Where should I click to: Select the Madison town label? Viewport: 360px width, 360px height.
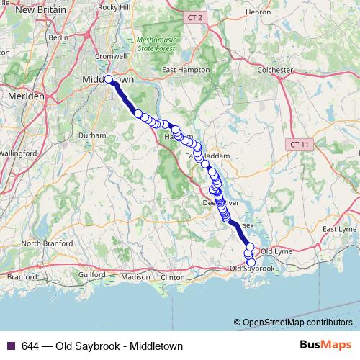coord(135,276)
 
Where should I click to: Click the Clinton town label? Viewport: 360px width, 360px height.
coord(173,276)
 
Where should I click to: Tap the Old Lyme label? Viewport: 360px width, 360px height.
coord(276,251)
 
